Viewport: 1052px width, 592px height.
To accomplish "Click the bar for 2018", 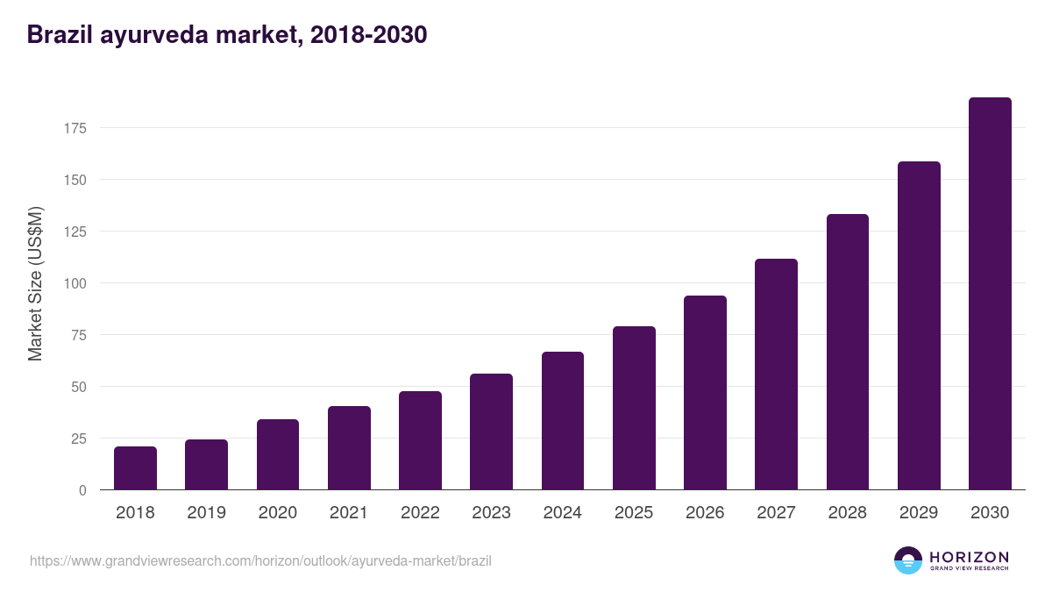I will click(x=135, y=468).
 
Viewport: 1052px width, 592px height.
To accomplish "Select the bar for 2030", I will click(x=990, y=294).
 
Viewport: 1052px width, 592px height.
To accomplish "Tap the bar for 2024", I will click(x=562, y=421).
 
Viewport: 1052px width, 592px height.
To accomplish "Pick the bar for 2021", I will click(x=349, y=448).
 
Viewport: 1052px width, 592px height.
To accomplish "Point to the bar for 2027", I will click(x=776, y=374).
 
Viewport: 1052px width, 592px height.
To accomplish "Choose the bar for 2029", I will click(x=919, y=325).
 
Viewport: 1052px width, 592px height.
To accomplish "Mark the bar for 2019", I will click(x=206, y=465).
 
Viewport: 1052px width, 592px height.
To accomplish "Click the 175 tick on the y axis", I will click(x=75, y=129).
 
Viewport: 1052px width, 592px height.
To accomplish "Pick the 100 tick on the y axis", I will click(x=75, y=283).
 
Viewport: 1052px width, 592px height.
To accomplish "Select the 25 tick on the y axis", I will click(x=79, y=439).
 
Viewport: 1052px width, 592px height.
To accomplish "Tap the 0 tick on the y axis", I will click(x=82, y=490).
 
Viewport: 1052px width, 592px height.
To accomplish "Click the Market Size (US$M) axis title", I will click(x=35, y=283).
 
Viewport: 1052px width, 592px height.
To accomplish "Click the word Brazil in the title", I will click(x=60, y=35).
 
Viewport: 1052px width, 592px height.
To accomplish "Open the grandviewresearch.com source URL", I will click(x=260, y=560).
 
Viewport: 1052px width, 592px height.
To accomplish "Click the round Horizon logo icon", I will click(x=908, y=560).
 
